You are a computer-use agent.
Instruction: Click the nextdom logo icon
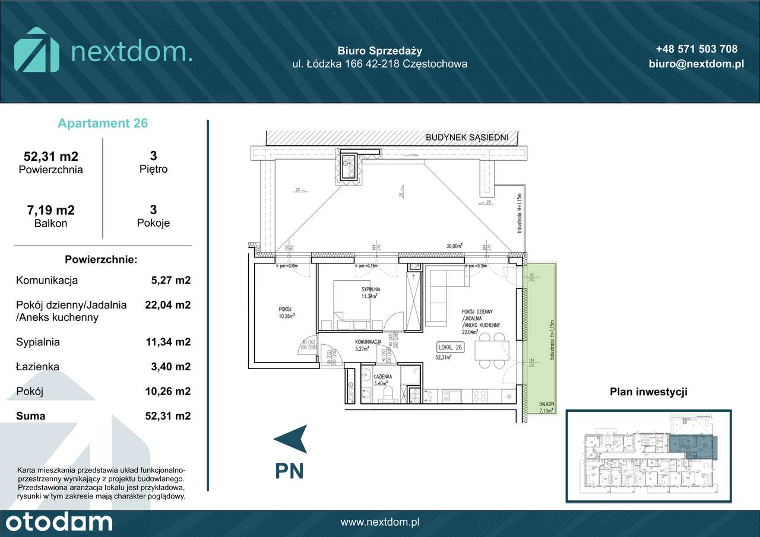[37, 50]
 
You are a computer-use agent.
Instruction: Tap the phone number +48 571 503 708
[696, 49]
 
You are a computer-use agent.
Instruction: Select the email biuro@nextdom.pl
[696, 64]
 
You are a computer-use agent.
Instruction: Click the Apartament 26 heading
[103, 123]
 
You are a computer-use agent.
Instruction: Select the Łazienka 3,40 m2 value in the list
[171, 367]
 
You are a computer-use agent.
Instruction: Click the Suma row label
[31, 416]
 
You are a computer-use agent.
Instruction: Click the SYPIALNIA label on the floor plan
[370, 290]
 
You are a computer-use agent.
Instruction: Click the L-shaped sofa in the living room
[439, 297]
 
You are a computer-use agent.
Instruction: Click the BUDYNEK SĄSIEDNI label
[467, 137]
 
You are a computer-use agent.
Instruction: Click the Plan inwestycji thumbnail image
[648, 456]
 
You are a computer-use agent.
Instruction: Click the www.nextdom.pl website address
[380, 522]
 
